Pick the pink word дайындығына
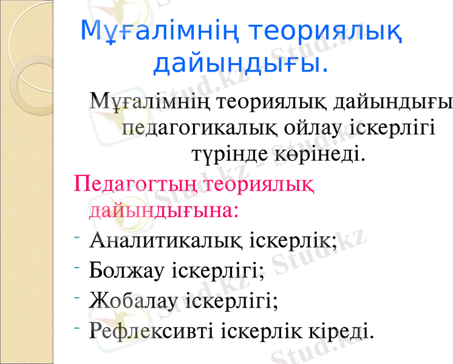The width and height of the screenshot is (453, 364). tap(163, 210)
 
